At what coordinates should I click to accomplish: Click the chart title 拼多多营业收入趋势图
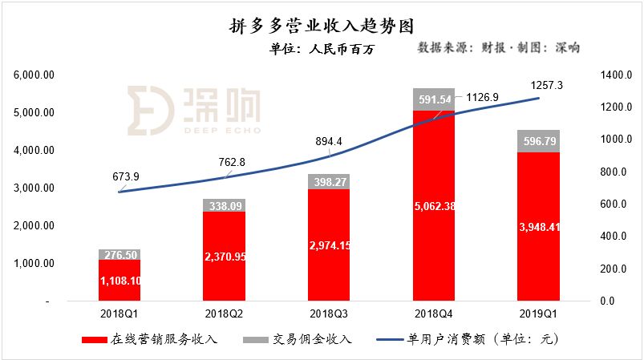[321, 26]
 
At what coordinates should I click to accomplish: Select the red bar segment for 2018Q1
[119, 281]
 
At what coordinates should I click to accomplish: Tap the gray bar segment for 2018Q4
[434, 99]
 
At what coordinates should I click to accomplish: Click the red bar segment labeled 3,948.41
[538, 227]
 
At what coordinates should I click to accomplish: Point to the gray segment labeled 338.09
[225, 205]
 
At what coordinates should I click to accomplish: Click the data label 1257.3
[546, 85]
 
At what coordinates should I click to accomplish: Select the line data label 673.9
[126, 176]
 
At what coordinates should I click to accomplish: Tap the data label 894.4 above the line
[329, 141]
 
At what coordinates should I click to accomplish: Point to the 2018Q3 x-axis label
[329, 314]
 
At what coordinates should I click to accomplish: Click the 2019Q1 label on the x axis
[538, 314]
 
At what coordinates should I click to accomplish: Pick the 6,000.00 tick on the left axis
[34, 75]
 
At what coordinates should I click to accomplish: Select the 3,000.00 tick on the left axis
[34, 188]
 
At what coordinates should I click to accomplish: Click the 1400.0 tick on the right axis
[616, 75]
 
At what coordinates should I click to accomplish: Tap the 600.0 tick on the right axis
[614, 204]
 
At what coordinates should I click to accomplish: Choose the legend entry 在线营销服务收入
[149, 339]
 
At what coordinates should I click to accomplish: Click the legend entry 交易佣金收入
[298, 339]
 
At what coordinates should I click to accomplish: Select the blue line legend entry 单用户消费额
[468, 339]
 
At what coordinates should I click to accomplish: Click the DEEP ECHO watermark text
[223, 131]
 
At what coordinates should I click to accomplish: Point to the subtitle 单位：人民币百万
[322, 49]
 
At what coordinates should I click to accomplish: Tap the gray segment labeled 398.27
[329, 182]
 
